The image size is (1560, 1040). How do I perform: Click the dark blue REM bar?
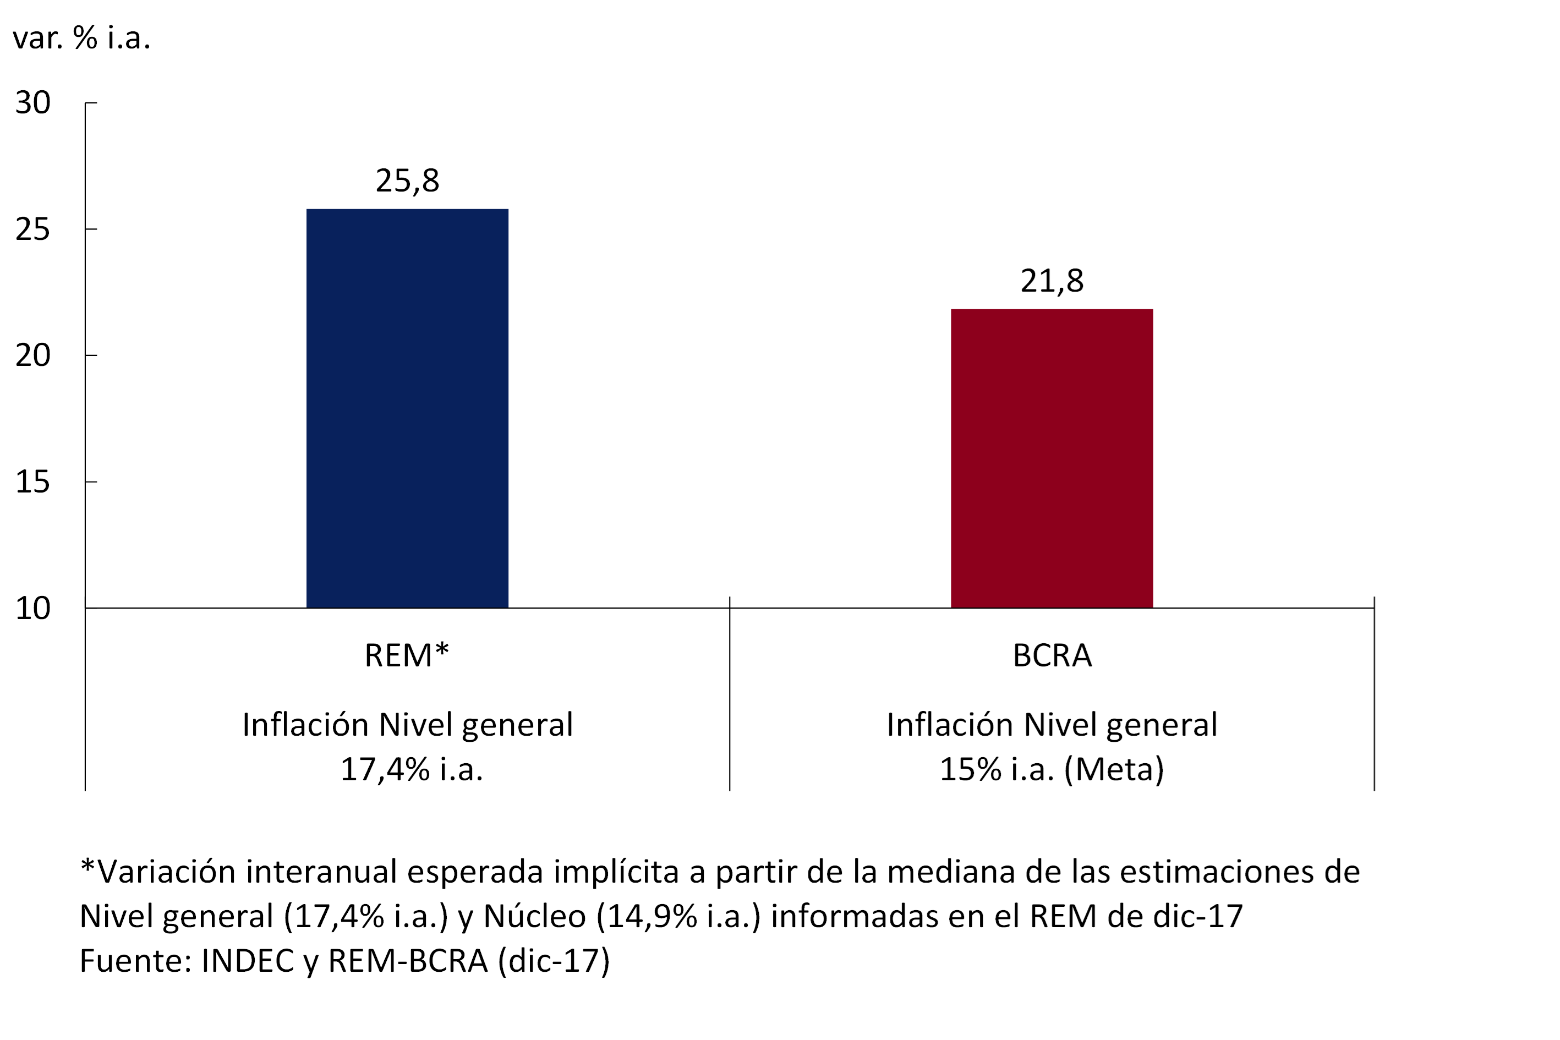(407, 408)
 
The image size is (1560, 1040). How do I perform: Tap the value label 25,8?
(407, 181)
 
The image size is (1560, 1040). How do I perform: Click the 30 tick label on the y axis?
(32, 103)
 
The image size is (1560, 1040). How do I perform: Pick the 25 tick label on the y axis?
(32, 229)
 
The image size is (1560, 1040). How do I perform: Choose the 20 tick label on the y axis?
(32, 355)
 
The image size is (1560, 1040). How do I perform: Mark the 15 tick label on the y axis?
(32, 482)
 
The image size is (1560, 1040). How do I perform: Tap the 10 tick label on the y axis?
(32, 608)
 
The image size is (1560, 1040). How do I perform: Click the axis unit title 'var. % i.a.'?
(81, 38)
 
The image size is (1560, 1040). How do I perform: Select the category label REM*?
(407, 656)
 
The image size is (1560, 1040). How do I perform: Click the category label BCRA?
(1052, 656)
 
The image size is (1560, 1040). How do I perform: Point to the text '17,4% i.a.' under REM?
(411, 769)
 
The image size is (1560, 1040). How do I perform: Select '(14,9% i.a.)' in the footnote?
(678, 917)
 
